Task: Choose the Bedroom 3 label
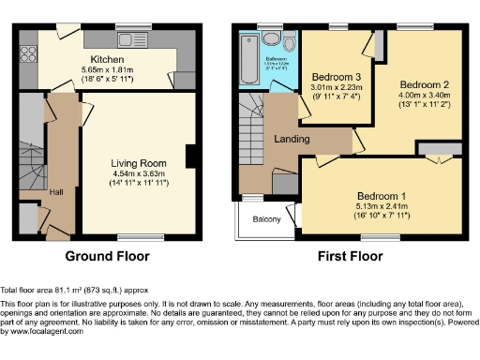[x=331, y=77]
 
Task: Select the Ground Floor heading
[x=110, y=254]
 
